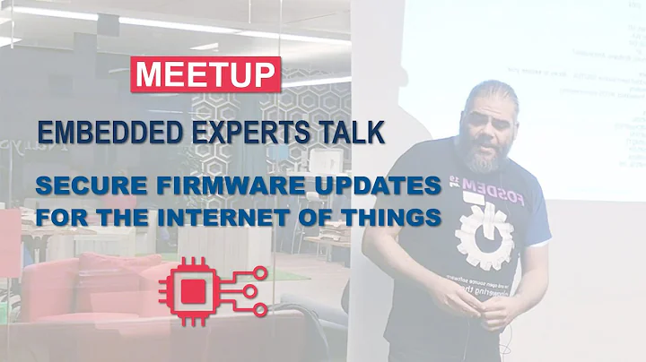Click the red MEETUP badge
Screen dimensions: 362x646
[x=206, y=74]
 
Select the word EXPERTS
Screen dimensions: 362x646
[x=246, y=134]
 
